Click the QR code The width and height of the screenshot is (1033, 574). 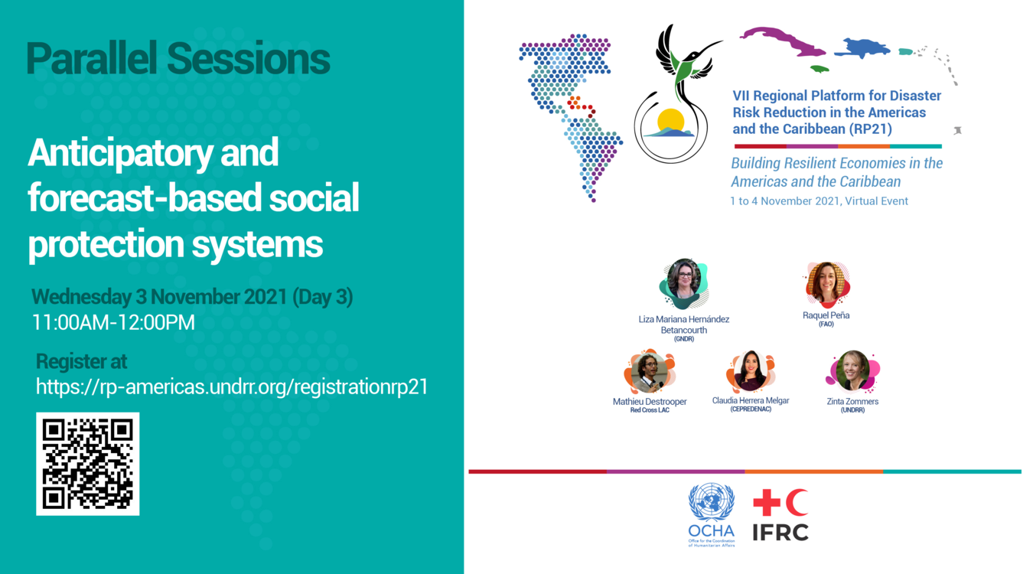point(88,464)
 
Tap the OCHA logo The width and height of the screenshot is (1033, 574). point(711,515)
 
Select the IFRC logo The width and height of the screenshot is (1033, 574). point(780,515)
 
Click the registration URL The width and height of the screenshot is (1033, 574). point(232,386)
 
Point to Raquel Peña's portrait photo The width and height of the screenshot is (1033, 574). point(826,284)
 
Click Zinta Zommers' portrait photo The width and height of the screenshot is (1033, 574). point(852,371)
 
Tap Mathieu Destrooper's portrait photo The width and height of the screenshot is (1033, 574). point(650,371)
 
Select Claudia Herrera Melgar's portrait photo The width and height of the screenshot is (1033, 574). point(751,371)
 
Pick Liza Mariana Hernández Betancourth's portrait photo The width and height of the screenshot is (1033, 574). point(683,284)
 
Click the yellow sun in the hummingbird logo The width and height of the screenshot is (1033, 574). point(670,121)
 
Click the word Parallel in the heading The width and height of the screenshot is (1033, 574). point(91,58)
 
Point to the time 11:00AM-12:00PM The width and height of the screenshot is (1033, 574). point(113,322)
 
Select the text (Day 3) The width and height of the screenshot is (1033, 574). point(323,297)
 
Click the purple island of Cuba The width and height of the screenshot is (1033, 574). point(783,41)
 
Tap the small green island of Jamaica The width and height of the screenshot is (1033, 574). point(820,69)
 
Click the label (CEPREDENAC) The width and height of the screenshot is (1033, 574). point(751,409)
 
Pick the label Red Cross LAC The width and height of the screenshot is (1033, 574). point(650,410)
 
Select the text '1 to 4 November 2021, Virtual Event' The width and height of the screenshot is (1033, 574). point(819,201)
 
